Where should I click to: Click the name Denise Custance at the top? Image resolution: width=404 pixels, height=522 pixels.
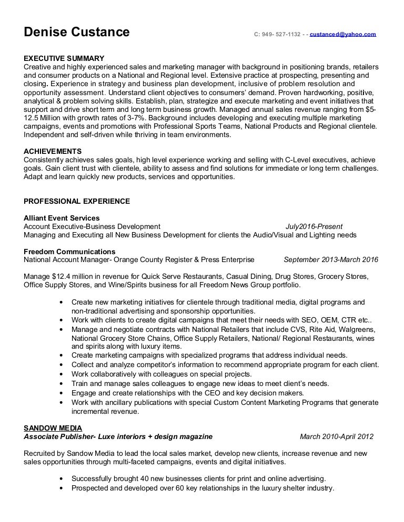point(77,32)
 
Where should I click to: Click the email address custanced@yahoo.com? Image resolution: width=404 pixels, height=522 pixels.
point(342,34)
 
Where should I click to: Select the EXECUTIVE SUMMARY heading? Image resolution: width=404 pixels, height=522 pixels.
point(64,58)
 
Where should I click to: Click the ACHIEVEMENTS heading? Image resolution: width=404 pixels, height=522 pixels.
point(53,151)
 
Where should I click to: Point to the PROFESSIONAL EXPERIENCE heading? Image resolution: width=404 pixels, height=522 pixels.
point(77,201)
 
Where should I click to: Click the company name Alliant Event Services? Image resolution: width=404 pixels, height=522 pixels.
point(62,218)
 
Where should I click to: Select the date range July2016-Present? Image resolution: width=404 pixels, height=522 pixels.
point(314,226)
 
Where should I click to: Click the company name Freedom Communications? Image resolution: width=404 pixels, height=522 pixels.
point(69,252)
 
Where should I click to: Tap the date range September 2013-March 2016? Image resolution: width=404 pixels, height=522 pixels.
point(330,259)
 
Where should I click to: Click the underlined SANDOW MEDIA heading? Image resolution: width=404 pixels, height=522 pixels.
point(53,428)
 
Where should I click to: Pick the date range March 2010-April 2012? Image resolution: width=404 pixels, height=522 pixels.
point(336,436)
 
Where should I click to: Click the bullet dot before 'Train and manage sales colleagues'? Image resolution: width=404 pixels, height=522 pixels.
point(62,384)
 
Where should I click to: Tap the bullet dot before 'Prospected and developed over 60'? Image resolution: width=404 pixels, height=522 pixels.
point(62,488)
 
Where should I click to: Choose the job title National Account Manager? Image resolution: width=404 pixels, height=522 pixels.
point(67,259)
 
